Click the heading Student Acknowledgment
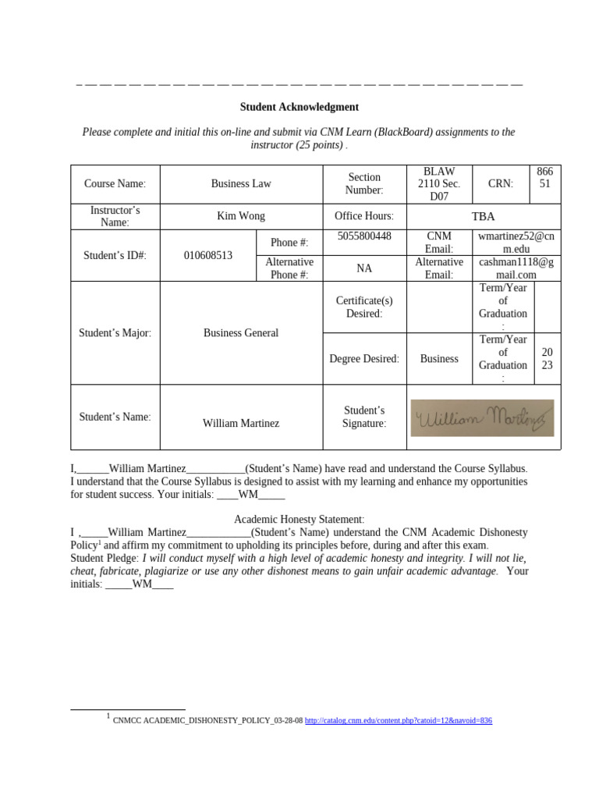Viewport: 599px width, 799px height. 299,107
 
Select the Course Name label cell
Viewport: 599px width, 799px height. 115,184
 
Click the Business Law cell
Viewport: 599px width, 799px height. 241,184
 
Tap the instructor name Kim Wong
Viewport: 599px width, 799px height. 241,216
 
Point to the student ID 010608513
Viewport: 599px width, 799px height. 207,255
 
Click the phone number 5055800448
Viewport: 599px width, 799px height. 364,236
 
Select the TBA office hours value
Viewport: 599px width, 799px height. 482,216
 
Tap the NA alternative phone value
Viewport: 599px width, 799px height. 364,268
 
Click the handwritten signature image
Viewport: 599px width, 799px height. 483,418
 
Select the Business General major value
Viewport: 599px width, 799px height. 241,333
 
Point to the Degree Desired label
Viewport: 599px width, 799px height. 364,359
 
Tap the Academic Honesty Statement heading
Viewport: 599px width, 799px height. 299,519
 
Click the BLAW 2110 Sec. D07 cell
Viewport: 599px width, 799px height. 439,184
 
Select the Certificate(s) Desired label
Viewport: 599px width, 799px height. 364,307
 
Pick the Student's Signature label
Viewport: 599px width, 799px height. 364,417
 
